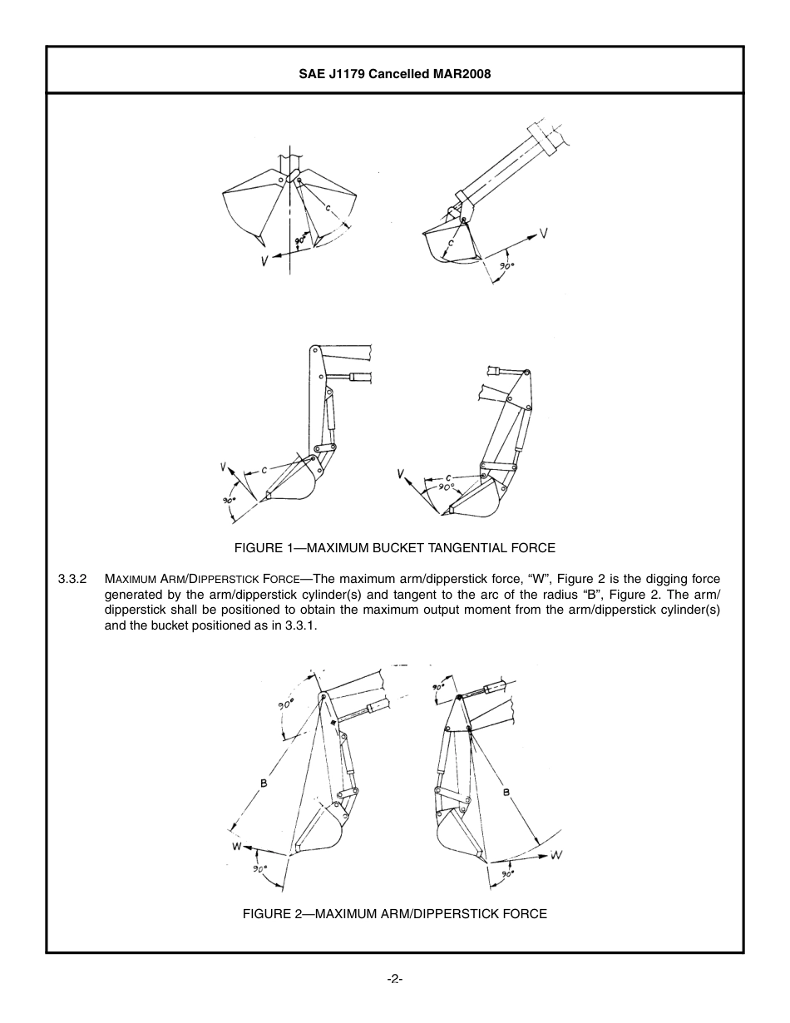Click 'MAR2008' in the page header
click(462, 74)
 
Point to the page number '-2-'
click(395, 979)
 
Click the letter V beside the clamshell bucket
click(264, 260)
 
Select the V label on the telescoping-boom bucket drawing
click(543, 235)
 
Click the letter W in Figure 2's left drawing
click(236, 847)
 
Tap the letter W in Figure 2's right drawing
click(556, 854)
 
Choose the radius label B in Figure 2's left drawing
click(263, 783)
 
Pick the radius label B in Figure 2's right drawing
click(506, 793)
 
